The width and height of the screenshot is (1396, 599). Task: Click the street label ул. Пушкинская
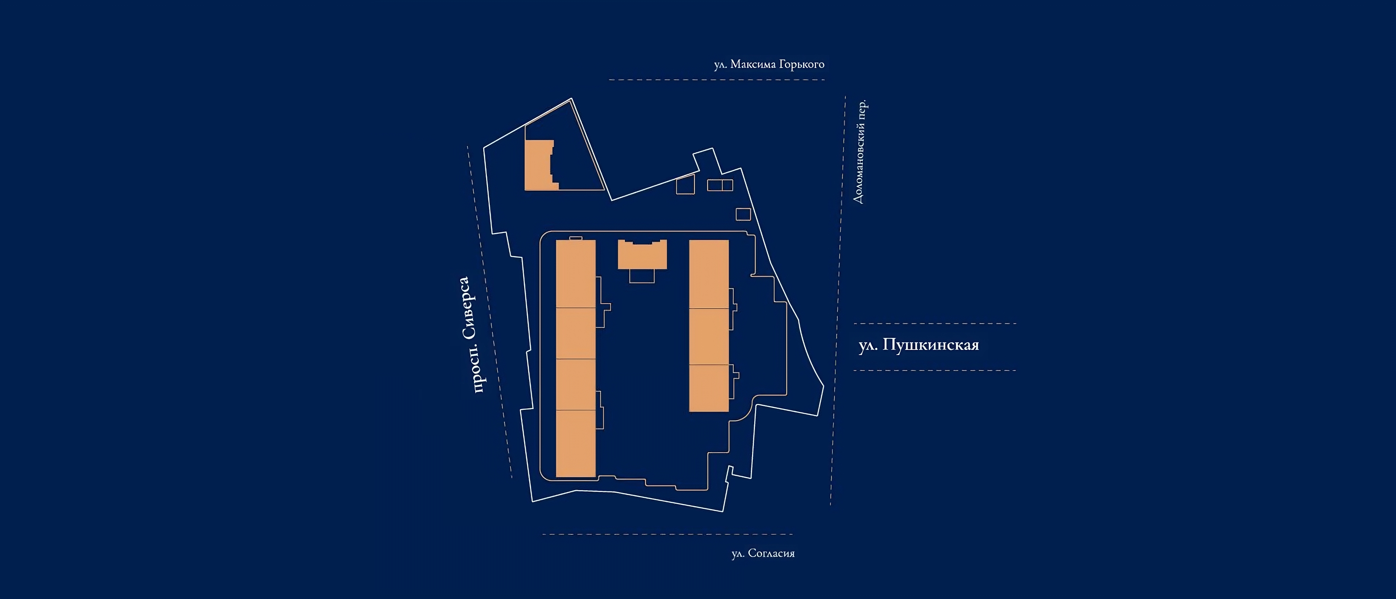tap(919, 345)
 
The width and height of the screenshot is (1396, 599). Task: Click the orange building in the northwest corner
tap(538, 165)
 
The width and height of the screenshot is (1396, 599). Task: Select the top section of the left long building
tap(576, 274)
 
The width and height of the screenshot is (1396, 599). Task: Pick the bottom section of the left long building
tap(576, 443)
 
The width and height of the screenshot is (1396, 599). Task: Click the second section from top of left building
tap(576, 333)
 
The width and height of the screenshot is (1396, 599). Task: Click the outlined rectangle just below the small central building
tap(642, 275)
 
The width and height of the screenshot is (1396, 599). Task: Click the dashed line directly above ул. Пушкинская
tap(935, 324)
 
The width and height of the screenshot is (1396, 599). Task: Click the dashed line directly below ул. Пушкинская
tap(935, 371)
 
